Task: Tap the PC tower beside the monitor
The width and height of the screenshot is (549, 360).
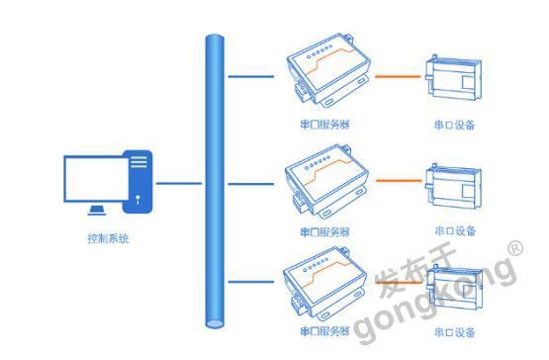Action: pos(138,182)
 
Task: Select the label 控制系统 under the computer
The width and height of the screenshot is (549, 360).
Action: pos(107,238)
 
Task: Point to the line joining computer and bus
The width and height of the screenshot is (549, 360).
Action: pos(179,182)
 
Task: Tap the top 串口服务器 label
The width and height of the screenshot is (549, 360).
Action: pos(324,124)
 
